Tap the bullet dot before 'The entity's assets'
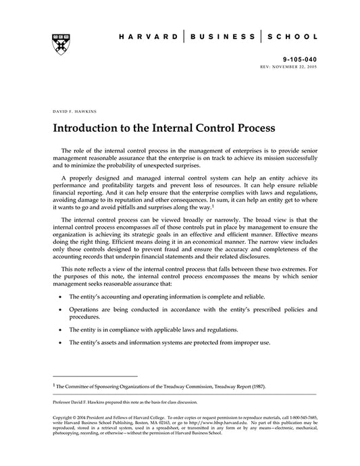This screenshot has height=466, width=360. click(62, 342)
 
